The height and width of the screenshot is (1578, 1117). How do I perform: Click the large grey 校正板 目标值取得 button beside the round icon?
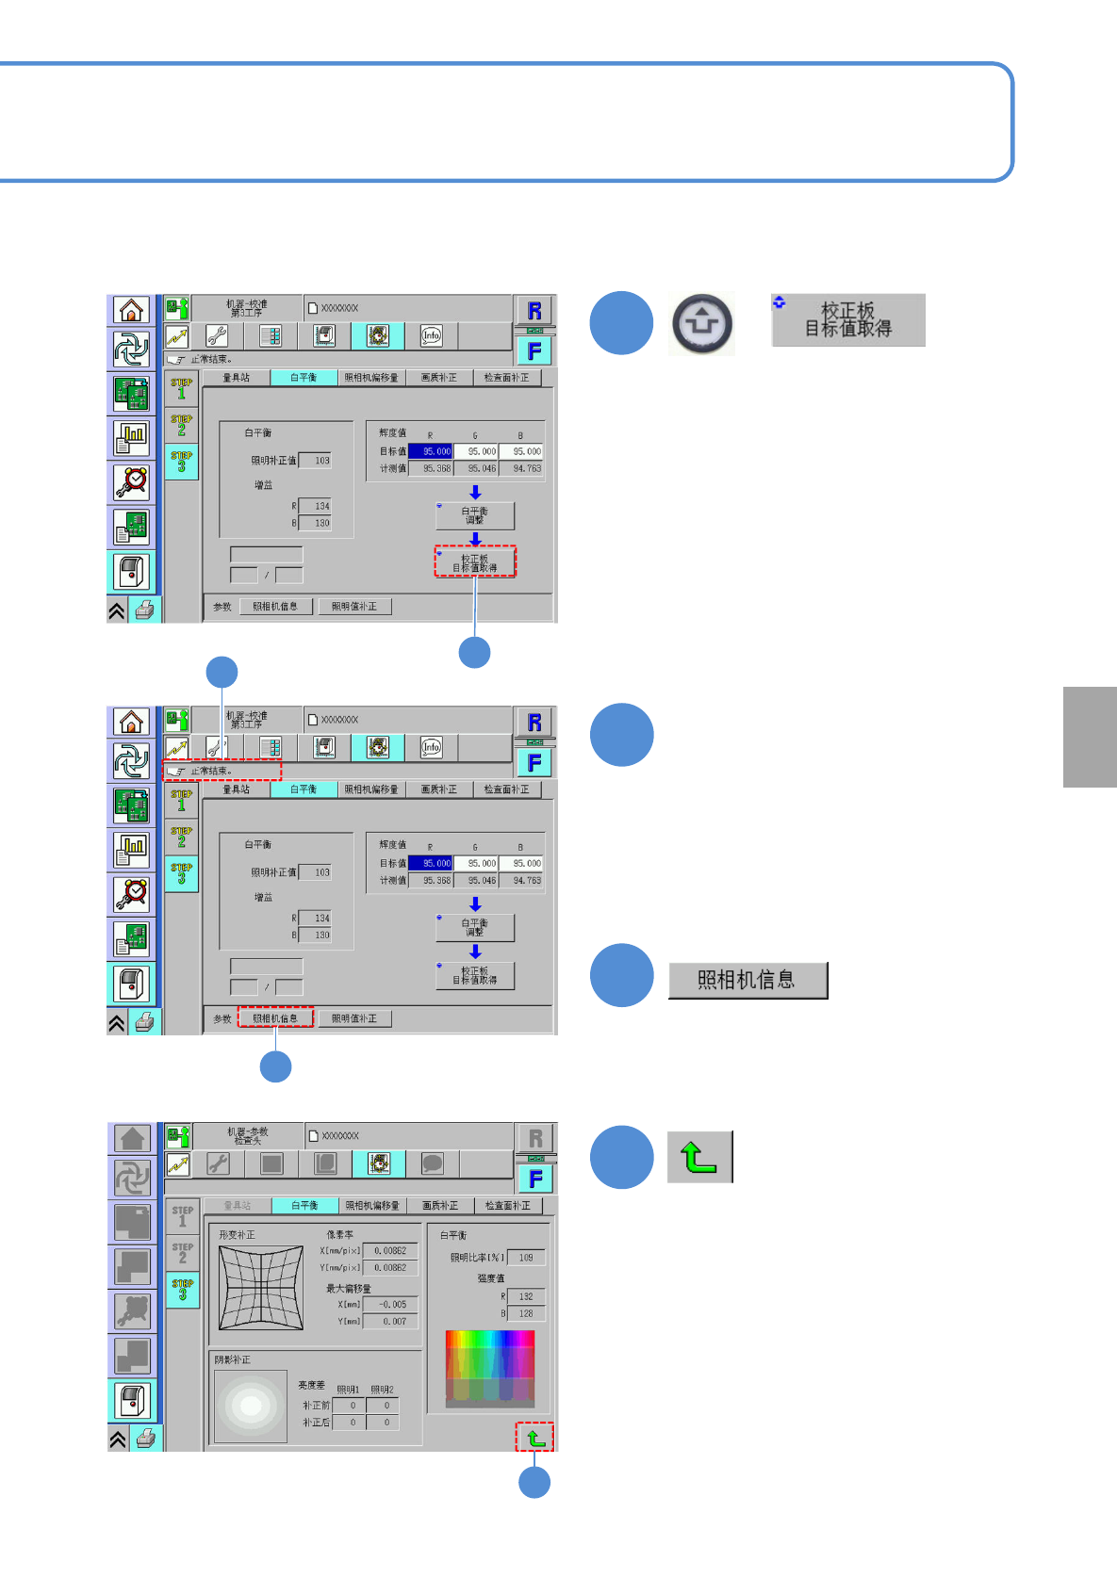pyautogui.click(x=847, y=320)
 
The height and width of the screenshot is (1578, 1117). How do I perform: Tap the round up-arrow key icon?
pyautogui.click(x=702, y=323)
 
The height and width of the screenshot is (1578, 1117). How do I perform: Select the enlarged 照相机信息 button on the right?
pyautogui.click(x=747, y=980)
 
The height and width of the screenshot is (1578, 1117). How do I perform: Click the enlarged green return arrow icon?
pyautogui.click(x=699, y=1157)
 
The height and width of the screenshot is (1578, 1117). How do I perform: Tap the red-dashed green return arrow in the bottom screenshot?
pyautogui.click(x=534, y=1437)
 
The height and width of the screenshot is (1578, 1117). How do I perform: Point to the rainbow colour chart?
pyautogui.click(x=489, y=1368)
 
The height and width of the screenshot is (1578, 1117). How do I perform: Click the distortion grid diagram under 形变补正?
pyautogui.click(x=261, y=1288)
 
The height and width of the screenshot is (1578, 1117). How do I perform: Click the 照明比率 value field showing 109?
pyautogui.click(x=525, y=1258)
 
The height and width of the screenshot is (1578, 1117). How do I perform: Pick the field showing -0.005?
pyautogui.click(x=391, y=1305)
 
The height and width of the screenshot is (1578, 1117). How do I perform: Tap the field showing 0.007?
pyautogui.click(x=391, y=1322)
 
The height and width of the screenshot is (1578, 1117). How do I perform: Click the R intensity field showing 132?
pyautogui.click(x=525, y=1296)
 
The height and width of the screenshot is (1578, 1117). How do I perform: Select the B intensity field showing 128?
pyautogui.click(x=525, y=1313)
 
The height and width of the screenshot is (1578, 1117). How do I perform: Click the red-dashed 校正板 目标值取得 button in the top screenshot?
pyautogui.click(x=475, y=562)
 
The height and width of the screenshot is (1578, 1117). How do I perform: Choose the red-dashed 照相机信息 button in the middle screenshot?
pyautogui.click(x=275, y=1018)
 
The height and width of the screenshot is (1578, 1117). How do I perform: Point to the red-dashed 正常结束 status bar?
pyautogui.click(x=222, y=771)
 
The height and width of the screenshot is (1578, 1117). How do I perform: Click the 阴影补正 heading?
pyautogui.click(x=233, y=1359)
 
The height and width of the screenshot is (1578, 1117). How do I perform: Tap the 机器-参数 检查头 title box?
pyautogui.click(x=247, y=1136)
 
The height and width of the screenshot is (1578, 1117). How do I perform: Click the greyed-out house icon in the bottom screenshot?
pyautogui.click(x=132, y=1138)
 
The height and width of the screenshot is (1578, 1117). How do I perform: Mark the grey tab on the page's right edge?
pyautogui.click(x=1090, y=737)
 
